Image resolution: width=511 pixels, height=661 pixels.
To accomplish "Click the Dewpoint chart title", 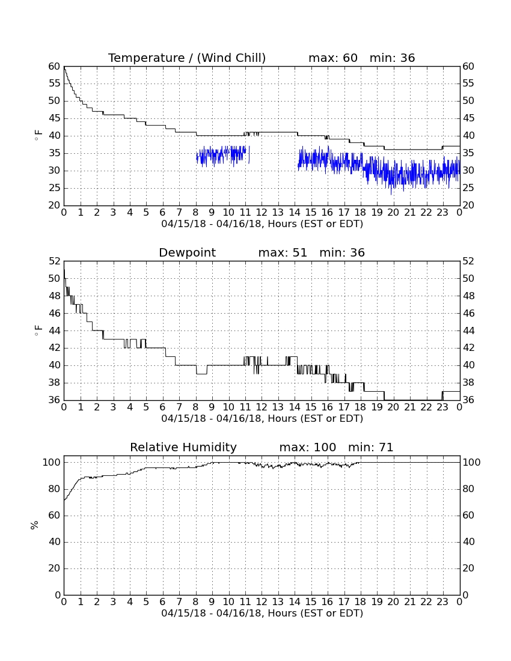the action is click(187, 252).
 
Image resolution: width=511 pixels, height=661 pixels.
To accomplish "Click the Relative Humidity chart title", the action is click(183, 447).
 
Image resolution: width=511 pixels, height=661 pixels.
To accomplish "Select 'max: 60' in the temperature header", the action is click(333, 58).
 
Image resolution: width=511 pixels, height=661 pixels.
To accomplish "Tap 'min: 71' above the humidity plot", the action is click(370, 447).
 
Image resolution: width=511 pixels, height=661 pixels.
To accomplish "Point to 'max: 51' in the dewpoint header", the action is click(283, 252).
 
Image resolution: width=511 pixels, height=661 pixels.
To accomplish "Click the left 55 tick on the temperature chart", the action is click(54, 84).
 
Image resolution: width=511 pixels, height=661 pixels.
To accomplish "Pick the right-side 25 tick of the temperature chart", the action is click(468, 188).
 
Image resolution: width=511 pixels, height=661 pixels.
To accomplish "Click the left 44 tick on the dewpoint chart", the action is click(54, 331).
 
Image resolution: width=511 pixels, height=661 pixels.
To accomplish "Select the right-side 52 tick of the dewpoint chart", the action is click(468, 261).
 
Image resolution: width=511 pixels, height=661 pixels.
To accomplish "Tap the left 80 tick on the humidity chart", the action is click(55, 489).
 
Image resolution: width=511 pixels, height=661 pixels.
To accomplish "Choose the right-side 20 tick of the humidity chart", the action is click(468, 568).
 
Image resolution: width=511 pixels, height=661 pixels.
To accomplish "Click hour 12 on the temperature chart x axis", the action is click(262, 213).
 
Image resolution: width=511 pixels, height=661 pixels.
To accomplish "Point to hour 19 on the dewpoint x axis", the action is click(376, 407).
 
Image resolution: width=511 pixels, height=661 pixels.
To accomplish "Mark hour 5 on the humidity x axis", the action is click(146, 602).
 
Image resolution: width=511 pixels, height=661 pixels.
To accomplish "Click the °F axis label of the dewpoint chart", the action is click(38, 330).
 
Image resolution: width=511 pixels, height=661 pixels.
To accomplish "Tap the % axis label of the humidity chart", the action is click(35, 525).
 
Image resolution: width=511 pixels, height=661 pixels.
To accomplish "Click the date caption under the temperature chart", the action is click(262, 224).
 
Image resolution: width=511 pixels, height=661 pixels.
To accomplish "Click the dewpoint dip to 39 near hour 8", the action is click(201, 374).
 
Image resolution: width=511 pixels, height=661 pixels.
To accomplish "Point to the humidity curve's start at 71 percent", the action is click(64, 501).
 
